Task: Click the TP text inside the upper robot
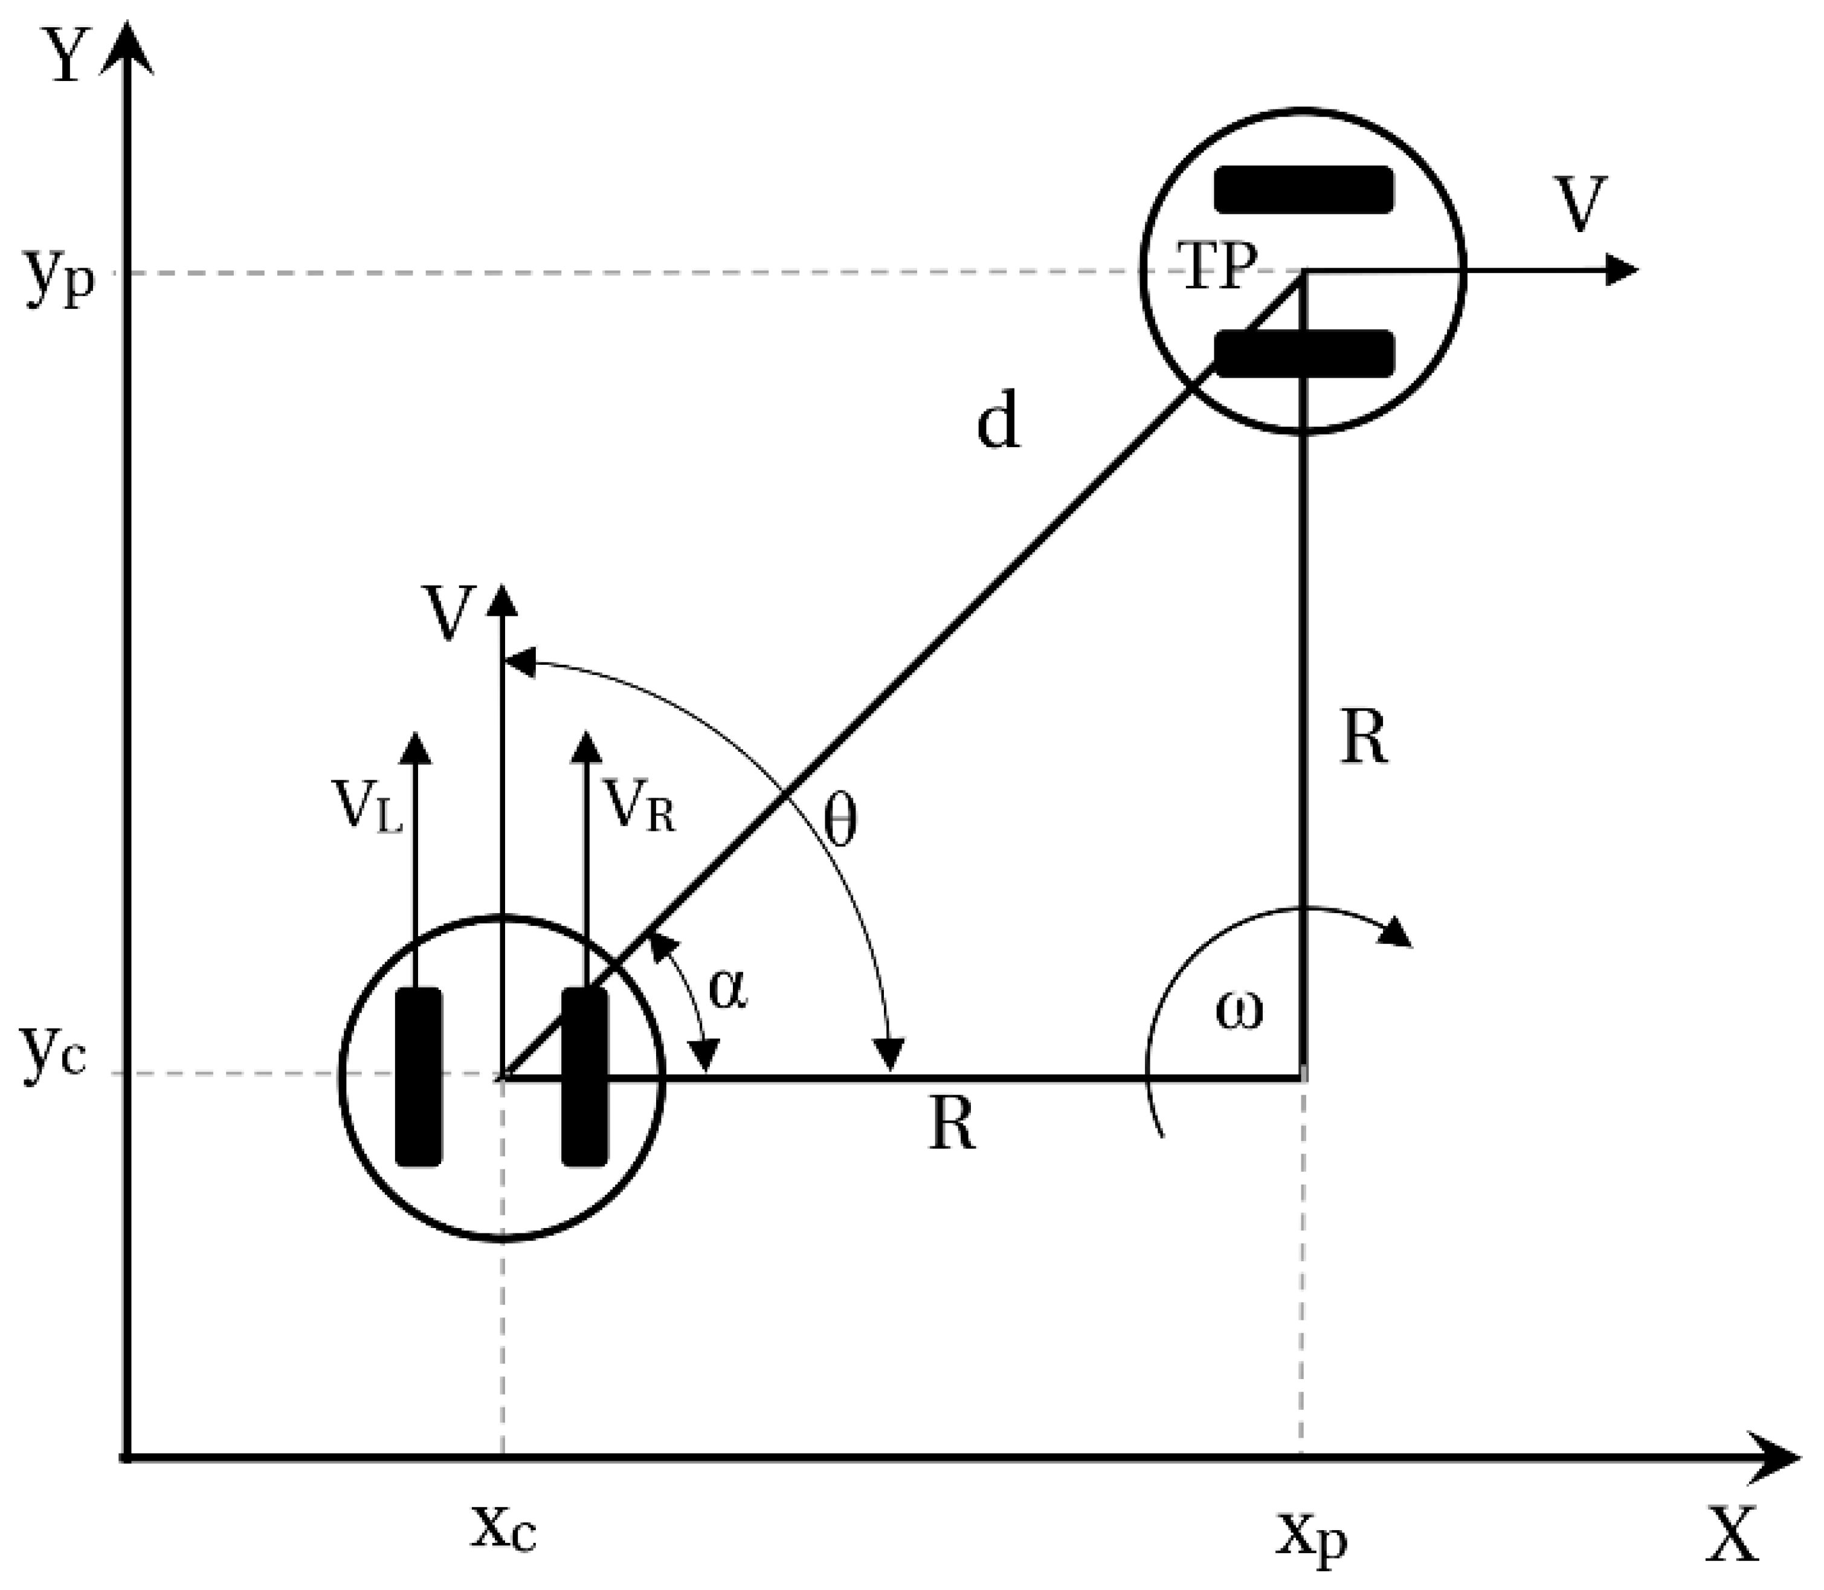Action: [x=1217, y=265]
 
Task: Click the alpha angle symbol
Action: [x=727, y=989]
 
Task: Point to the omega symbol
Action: [x=1239, y=1012]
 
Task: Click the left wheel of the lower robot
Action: [x=418, y=1076]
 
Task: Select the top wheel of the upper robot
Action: [x=1303, y=190]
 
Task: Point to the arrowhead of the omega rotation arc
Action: [x=1397, y=932]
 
